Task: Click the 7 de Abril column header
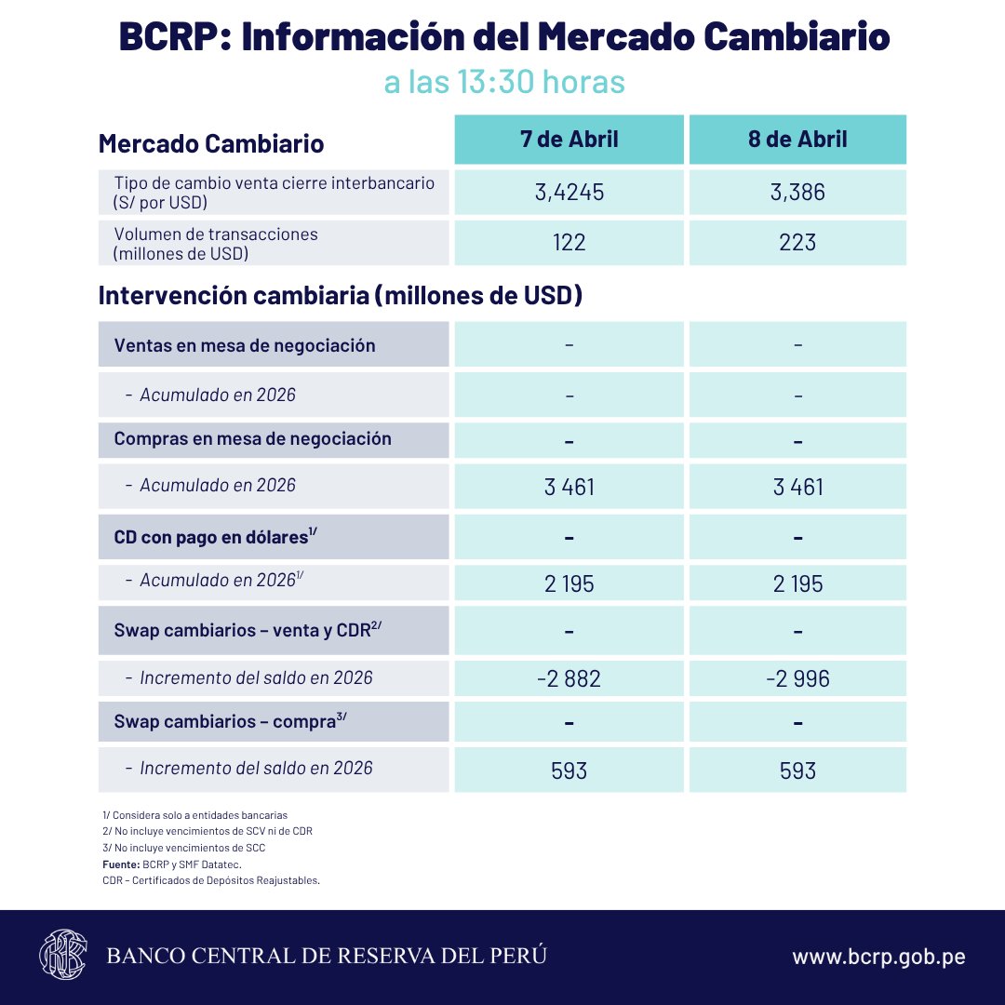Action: click(569, 140)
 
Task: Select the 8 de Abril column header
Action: click(797, 140)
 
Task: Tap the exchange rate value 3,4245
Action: click(569, 193)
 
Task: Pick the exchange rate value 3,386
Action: click(797, 193)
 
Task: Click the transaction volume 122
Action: click(569, 242)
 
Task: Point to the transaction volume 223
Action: click(797, 242)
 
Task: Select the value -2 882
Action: click(569, 678)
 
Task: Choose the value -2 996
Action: click(797, 678)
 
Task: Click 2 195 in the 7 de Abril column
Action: click(569, 583)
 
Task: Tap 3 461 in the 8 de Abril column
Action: click(797, 487)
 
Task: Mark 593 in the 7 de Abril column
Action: click(569, 770)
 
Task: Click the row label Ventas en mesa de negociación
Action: click(245, 345)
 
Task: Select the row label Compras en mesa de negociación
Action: click(252, 438)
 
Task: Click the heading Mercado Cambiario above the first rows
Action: click(211, 144)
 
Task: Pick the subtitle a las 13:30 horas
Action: click(503, 82)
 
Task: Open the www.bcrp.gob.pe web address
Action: click(878, 957)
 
